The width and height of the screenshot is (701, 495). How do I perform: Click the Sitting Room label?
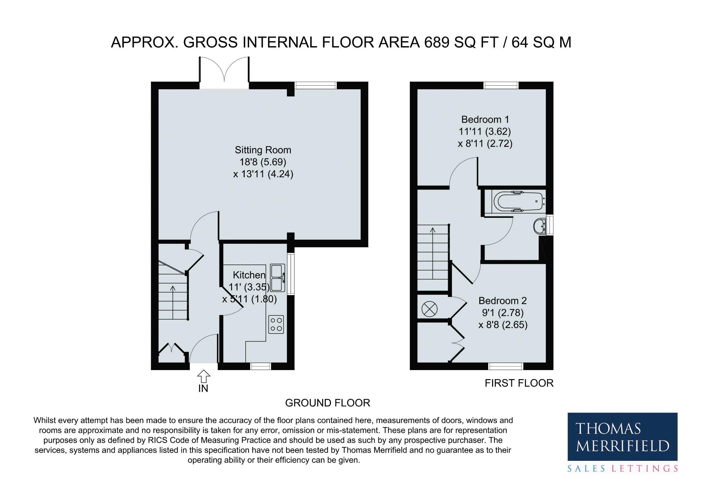263,150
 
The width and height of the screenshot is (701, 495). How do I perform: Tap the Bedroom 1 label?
485,119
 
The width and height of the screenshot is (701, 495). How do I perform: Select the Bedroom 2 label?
503,301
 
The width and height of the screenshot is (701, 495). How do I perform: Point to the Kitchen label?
249,275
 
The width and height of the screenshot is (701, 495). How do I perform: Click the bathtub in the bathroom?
519,202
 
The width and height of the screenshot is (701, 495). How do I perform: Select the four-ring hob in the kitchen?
276,324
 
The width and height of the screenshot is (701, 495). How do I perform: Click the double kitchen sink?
278,278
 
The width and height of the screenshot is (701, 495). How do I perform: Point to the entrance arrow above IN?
203,376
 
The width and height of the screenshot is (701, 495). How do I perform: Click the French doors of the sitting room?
224,72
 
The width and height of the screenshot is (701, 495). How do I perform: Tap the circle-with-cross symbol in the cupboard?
430,309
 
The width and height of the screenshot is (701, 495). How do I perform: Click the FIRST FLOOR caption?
519,383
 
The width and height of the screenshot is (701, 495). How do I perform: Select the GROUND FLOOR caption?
328,403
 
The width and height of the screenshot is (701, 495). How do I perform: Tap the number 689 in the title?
437,42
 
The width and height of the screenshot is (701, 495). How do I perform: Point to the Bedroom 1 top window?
501,85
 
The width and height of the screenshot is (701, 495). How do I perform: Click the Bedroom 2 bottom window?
506,366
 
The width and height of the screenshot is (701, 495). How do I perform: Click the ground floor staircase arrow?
173,302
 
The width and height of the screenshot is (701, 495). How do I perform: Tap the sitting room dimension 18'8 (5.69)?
263,162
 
